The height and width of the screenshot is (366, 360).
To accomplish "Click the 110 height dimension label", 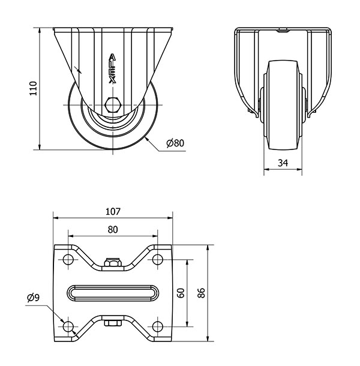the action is pos(34,88).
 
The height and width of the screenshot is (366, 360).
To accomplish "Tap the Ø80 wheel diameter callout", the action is pos(175,143).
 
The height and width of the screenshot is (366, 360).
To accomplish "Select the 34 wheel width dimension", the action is pos(283,163).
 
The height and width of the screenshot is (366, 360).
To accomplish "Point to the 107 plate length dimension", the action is pos(113,211).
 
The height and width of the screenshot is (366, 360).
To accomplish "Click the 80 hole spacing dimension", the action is pos(113,230).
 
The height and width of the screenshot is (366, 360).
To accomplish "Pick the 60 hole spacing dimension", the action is pos(181,293).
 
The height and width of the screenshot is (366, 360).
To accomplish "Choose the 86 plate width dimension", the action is pos(201,293).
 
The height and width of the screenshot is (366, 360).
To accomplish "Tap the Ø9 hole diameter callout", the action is pos(34,298).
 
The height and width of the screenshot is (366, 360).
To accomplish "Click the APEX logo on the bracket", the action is pos(113,69).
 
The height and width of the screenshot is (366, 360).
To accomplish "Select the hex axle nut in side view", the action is pos(113,105).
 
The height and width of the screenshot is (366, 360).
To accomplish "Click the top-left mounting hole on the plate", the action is pos(68,259).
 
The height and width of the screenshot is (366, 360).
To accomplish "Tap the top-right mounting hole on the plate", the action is pos(158,259).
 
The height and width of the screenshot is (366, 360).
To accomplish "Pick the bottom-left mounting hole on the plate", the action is pos(68,326).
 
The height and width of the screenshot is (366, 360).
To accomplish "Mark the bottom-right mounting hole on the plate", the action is pos(158,326).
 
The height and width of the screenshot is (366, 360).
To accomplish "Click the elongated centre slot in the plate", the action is pos(113,293).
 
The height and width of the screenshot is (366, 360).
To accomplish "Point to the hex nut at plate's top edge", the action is pos(113,262).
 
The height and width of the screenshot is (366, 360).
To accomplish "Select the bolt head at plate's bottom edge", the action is pos(113,323).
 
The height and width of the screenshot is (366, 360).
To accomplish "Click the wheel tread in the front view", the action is pos(283,105).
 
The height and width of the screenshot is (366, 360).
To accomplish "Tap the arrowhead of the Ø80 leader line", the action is pos(146,139).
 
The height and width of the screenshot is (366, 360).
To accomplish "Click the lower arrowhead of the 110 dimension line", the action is pos(40,147).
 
